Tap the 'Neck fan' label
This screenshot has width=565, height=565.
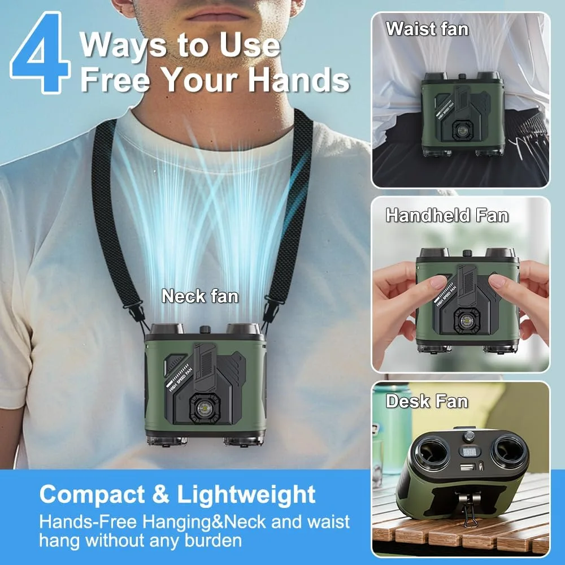(x=200, y=296)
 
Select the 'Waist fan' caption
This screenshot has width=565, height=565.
(x=427, y=28)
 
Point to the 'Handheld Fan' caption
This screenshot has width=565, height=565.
(x=447, y=215)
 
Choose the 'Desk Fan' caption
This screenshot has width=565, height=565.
(x=427, y=401)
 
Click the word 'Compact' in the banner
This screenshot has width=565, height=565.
(x=92, y=494)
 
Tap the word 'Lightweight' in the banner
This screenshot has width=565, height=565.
(x=246, y=494)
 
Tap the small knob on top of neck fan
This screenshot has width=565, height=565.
(x=206, y=329)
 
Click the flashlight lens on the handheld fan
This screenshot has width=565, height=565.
(x=466, y=320)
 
